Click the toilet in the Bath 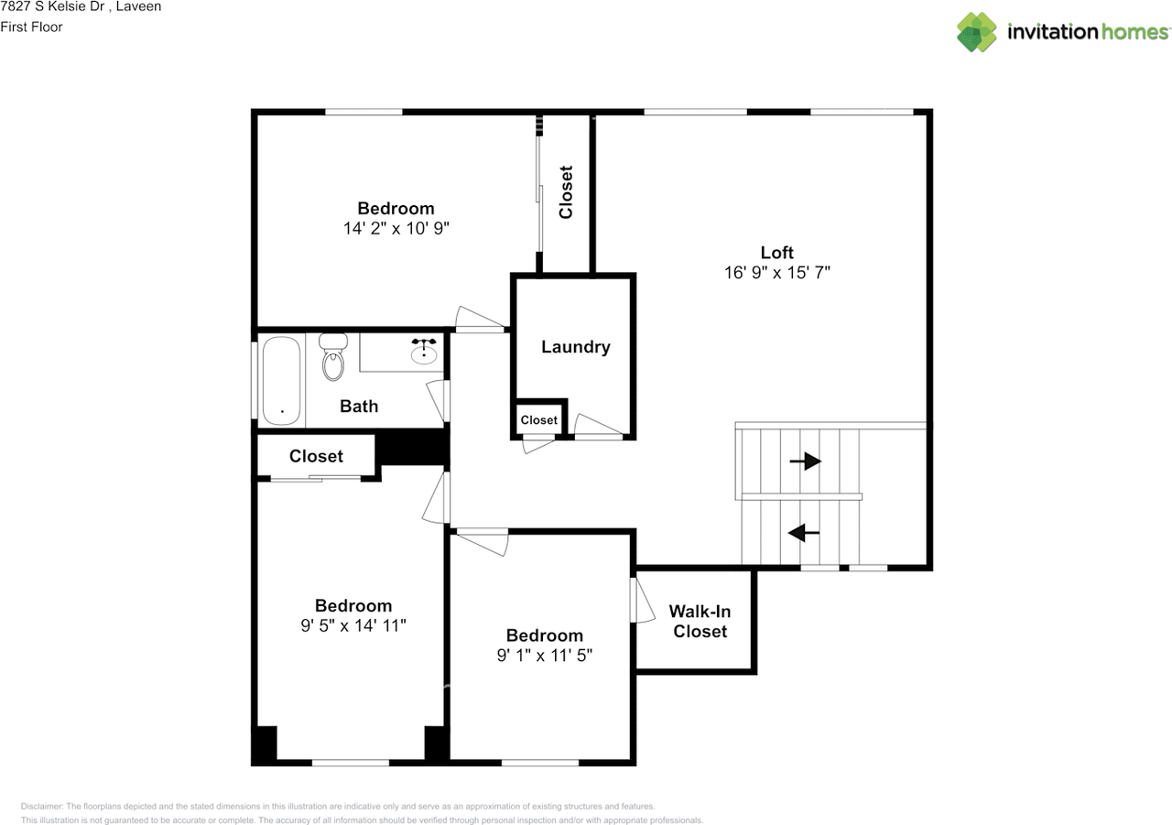[333, 356]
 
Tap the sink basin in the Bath [424, 354]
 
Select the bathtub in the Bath [281, 380]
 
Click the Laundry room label [576, 347]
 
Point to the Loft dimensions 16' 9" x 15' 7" [777, 273]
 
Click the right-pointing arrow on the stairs [805, 461]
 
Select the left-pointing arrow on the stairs [804, 533]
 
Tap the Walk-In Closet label [700, 622]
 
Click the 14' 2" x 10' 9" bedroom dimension [396, 229]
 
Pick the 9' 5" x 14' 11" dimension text [353, 625]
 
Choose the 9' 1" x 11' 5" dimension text [545, 656]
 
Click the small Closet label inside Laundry [539, 420]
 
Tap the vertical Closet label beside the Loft [566, 192]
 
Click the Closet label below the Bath [316, 456]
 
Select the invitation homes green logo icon [977, 32]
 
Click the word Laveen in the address [138, 6]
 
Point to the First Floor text [31, 27]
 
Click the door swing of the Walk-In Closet [643, 600]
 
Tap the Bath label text [359, 407]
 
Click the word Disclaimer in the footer [42, 807]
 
